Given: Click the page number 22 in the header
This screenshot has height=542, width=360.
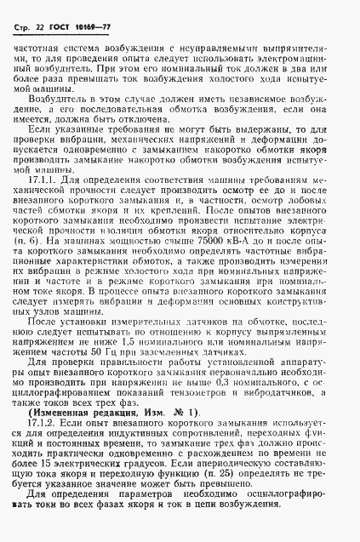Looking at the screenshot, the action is click(38, 11).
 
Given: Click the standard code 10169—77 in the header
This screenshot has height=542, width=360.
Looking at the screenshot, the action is click(93, 11).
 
